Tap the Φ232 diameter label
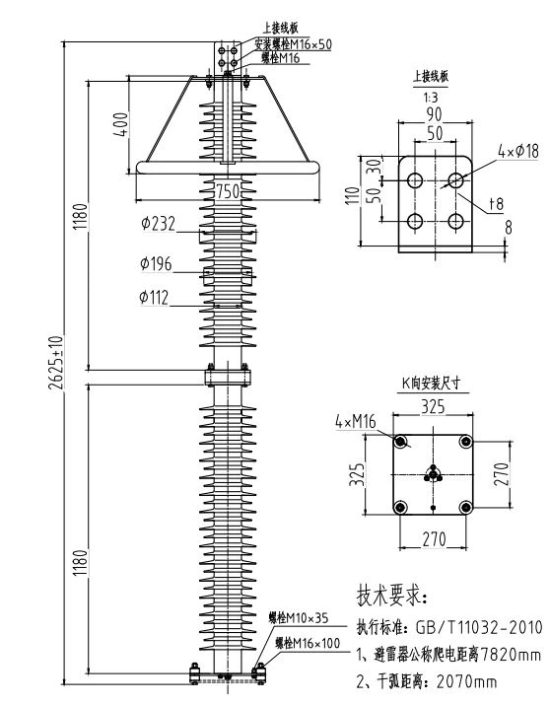(158, 224)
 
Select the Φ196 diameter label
(158, 263)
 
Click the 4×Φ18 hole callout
(518, 152)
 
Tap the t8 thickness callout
(499, 204)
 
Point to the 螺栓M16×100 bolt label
(307, 643)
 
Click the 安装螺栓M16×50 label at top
(293, 44)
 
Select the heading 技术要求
(391, 597)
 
